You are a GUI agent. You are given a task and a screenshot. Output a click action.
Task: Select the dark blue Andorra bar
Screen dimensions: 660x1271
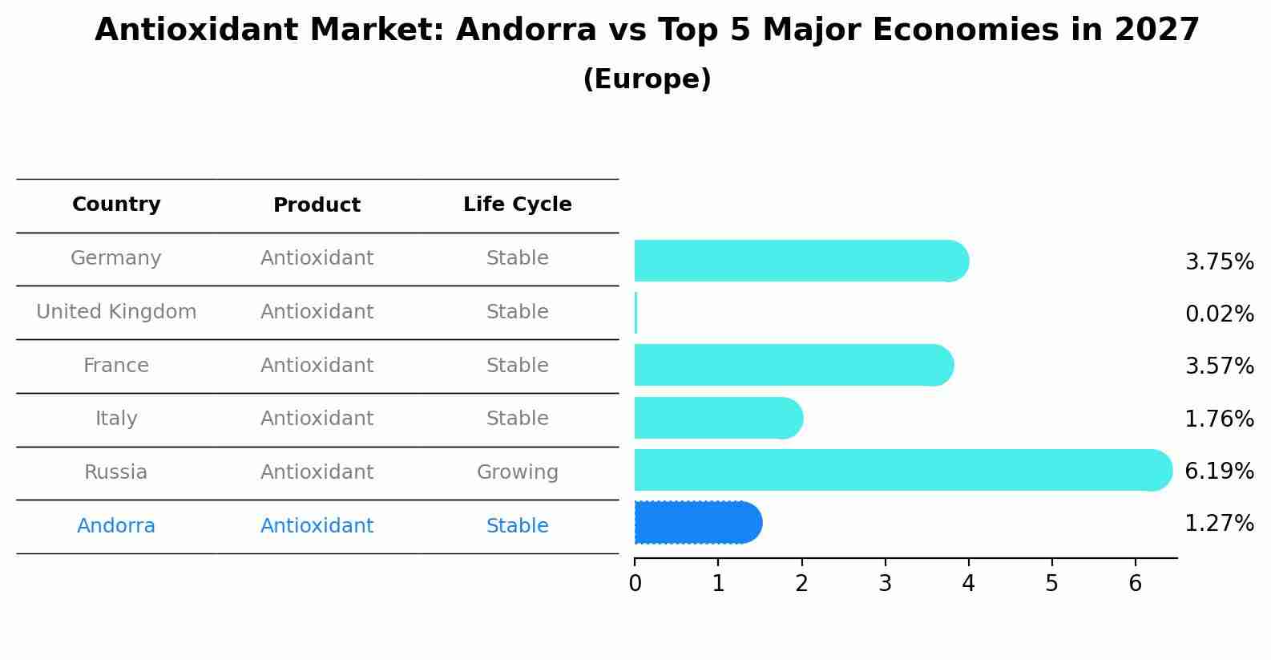coord(697,523)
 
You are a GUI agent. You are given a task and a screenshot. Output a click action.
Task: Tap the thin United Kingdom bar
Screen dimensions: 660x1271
coord(635,313)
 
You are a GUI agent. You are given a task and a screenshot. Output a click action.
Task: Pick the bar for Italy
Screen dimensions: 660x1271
coord(717,418)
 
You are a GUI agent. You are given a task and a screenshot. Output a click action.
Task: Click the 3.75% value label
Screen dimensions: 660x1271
coord(1219,262)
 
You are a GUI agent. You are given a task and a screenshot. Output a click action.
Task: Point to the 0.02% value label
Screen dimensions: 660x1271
coord(1219,314)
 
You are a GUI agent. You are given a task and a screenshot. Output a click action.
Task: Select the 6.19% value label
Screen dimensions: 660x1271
coord(1219,471)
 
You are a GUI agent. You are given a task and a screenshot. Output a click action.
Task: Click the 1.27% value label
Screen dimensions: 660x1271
coord(1219,524)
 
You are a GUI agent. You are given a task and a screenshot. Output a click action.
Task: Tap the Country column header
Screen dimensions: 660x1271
coord(116,204)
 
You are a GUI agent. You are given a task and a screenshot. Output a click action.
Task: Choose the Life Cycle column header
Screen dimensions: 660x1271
coord(517,204)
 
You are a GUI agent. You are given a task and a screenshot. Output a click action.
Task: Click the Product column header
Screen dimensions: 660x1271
coord(317,205)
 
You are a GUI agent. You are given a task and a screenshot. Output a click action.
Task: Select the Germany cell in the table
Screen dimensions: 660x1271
coord(116,258)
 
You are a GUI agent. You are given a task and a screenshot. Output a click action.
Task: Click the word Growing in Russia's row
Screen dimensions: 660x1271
coord(517,472)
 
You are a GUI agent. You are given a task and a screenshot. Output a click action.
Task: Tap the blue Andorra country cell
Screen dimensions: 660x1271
coord(116,526)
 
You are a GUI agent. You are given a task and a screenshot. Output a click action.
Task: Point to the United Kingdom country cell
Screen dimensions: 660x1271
coord(116,312)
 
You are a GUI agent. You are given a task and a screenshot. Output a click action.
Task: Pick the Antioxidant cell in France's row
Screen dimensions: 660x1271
coord(317,366)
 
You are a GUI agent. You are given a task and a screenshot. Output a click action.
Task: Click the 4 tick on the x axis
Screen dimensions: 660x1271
coord(968,583)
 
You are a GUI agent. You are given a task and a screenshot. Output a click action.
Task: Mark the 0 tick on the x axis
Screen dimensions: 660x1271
coord(635,583)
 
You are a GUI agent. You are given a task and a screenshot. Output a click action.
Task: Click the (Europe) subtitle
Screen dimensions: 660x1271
coord(647,79)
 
